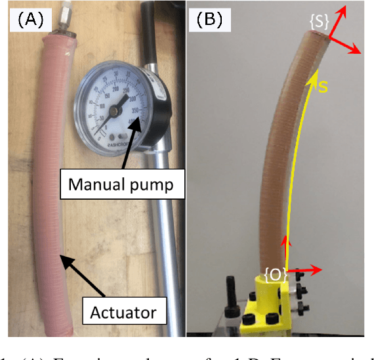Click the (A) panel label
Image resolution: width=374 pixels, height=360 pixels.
[30, 20]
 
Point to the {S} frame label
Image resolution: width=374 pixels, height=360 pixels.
[320, 21]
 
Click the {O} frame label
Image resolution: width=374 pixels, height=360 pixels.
[275, 275]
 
